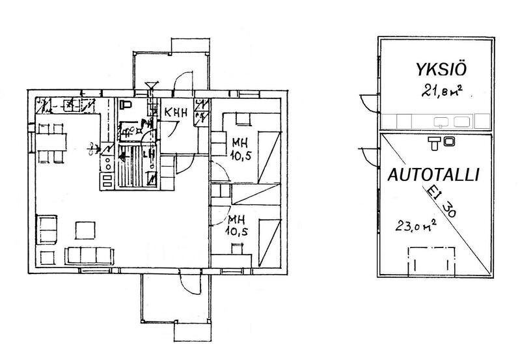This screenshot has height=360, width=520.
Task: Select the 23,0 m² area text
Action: click(x=415, y=226)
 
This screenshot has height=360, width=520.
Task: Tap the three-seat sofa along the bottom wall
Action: click(x=90, y=255)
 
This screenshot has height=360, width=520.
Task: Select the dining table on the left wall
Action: click(x=51, y=141)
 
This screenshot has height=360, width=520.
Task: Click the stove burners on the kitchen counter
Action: click(x=105, y=171)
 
